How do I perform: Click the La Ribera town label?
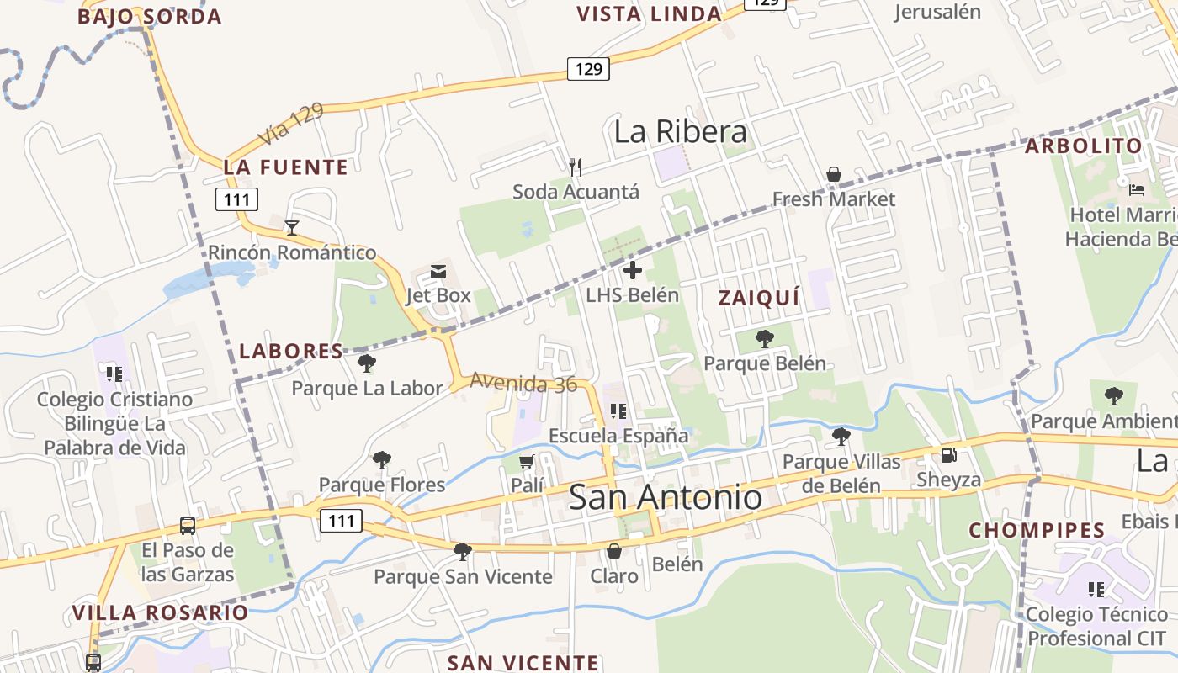(x=680, y=132)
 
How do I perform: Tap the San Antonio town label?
(x=666, y=496)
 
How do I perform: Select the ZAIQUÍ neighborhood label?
(x=758, y=298)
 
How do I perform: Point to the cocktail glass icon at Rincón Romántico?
(x=292, y=227)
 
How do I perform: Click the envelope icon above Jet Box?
(x=438, y=271)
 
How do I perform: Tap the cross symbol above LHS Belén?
(x=633, y=270)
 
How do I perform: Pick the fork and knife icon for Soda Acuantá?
(x=576, y=167)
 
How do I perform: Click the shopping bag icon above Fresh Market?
(x=833, y=174)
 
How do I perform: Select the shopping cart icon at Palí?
(x=527, y=461)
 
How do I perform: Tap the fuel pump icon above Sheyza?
(x=948, y=455)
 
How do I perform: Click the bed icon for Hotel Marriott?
(x=1137, y=189)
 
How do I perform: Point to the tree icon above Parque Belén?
(x=765, y=339)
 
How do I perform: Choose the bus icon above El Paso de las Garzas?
(x=188, y=526)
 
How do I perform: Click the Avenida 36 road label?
(x=523, y=383)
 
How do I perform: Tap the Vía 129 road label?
(x=289, y=125)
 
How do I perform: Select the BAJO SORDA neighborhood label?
(x=150, y=17)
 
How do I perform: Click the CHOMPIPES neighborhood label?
(x=1037, y=531)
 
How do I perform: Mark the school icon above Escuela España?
(x=618, y=411)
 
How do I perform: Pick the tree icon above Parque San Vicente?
(x=462, y=552)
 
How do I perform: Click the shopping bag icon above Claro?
(x=614, y=551)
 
